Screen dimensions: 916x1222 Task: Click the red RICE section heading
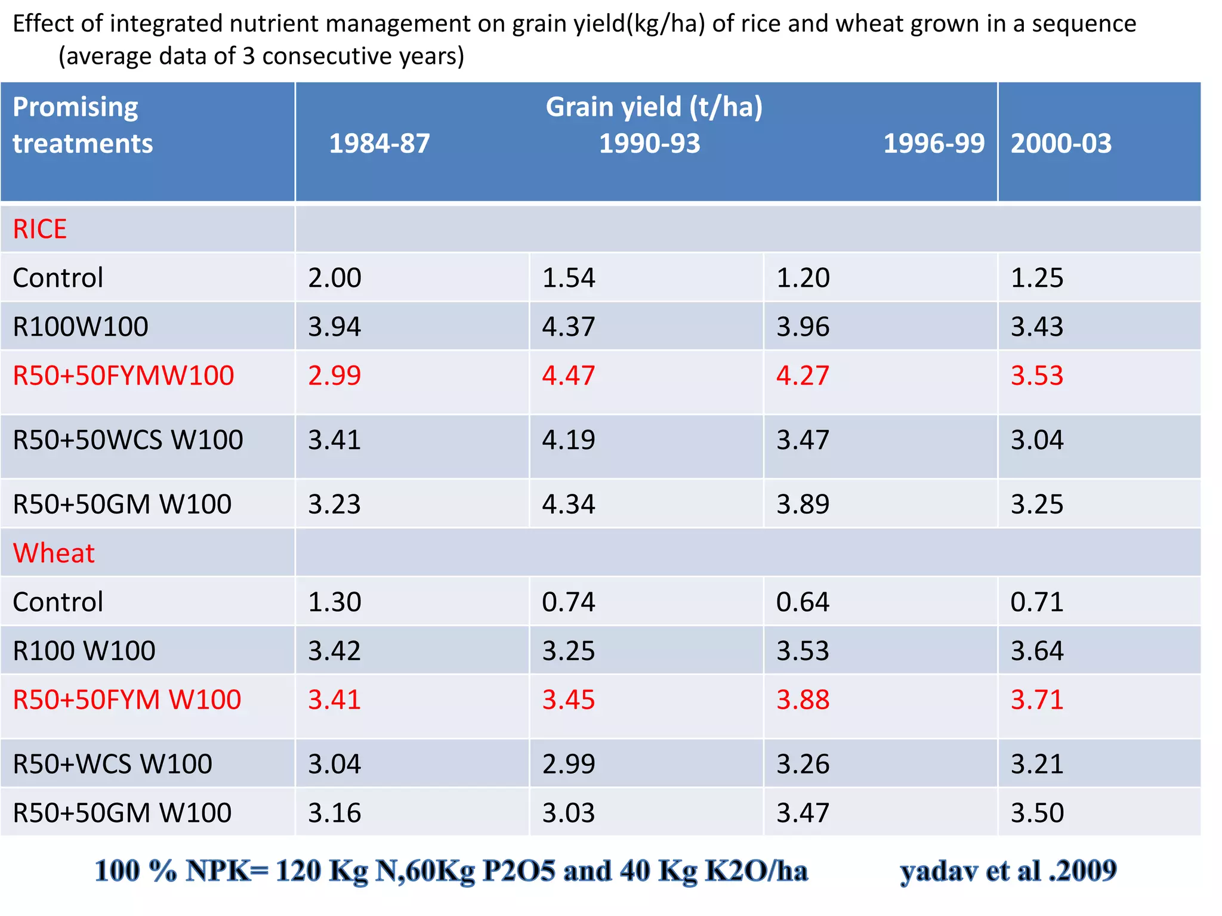click(x=39, y=229)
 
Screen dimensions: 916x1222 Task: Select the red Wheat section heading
click(x=54, y=553)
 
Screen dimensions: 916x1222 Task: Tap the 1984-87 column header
click(x=379, y=144)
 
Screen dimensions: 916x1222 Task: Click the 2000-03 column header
click(x=1060, y=144)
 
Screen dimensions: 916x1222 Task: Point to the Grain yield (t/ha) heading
click(x=654, y=107)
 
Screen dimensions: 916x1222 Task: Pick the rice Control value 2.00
click(x=334, y=278)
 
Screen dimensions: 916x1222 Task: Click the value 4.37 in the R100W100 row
click(x=568, y=327)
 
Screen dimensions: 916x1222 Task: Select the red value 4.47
click(x=568, y=376)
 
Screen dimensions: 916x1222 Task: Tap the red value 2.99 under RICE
click(x=334, y=376)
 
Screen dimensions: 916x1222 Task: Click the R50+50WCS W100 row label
click(x=128, y=440)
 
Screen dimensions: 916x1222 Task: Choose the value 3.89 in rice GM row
click(x=803, y=505)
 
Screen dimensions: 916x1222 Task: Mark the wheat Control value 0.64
click(x=803, y=602)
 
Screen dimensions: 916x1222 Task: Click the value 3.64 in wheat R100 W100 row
click(x=1036, y=651)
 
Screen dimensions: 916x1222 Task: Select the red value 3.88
click(x=803, y=700)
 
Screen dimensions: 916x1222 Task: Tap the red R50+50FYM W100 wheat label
click(x=126, y=700)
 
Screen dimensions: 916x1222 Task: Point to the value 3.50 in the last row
click(x=1036, y=813)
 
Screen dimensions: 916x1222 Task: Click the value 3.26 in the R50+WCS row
click(x=803, y=764)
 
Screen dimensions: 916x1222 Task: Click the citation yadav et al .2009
click(x=1008, y=871)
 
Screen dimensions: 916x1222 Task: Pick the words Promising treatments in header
click(x=82, y=125)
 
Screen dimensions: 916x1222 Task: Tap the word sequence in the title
click(x=1084, y=24)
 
